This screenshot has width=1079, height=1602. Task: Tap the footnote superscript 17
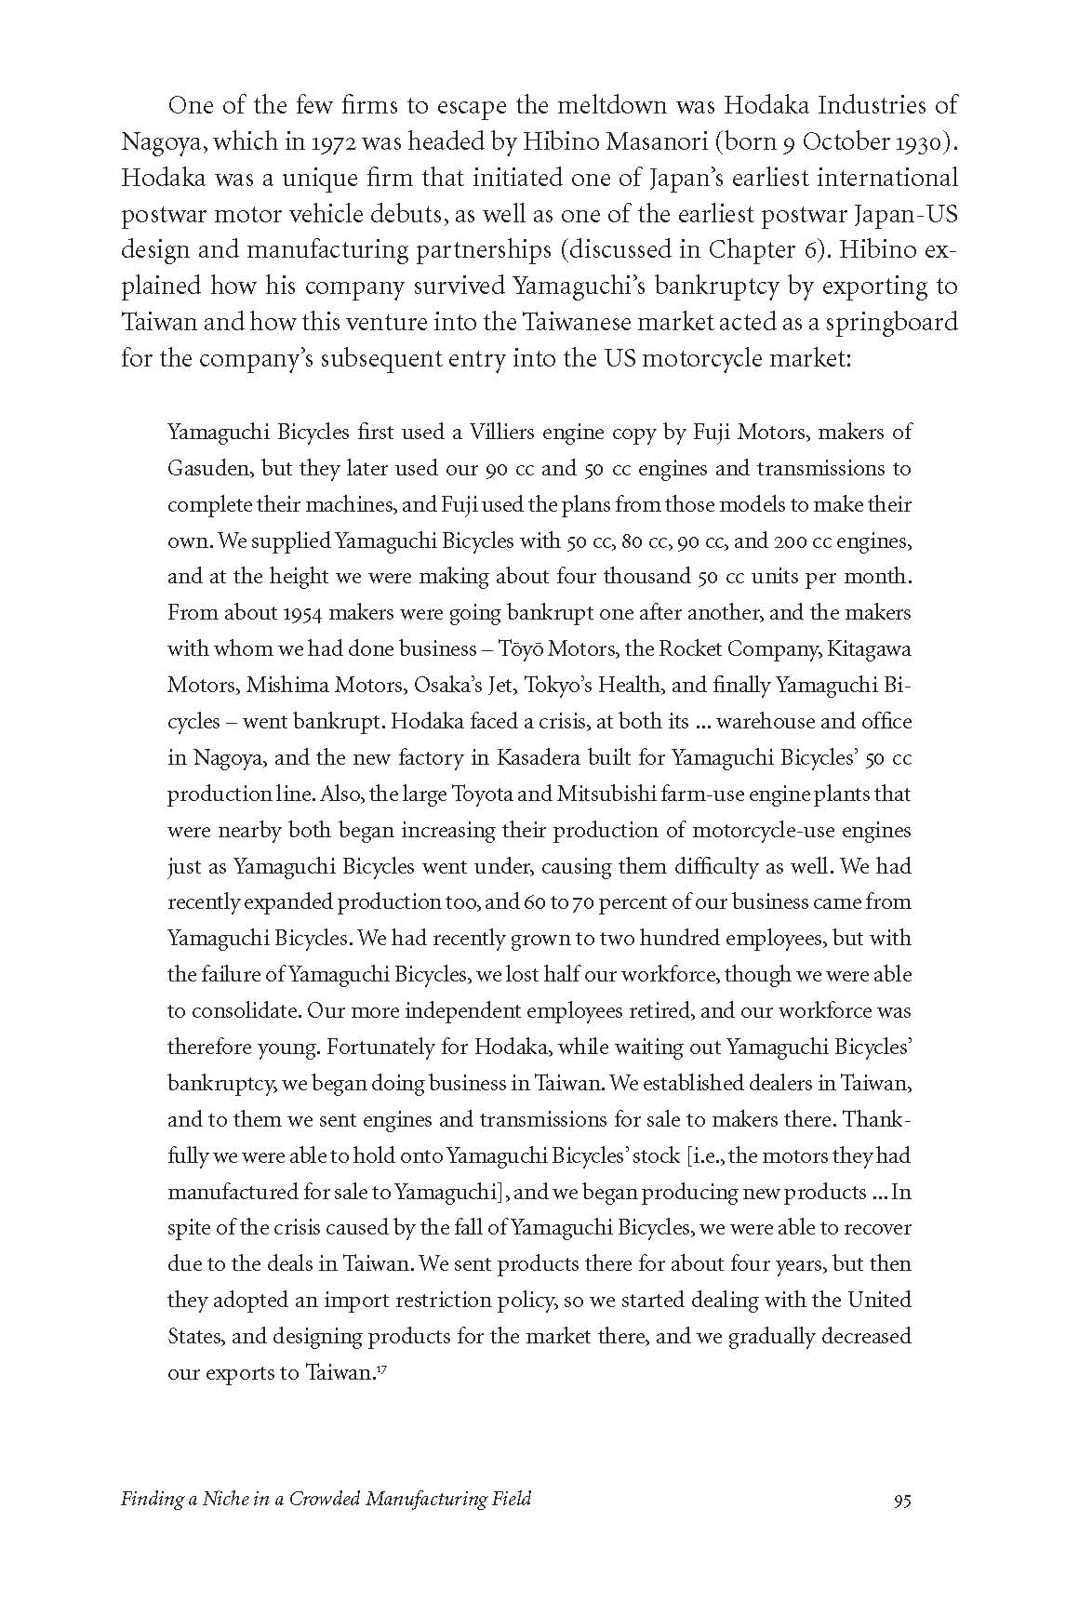(380, 1368)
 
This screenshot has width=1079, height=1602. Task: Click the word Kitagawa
(869, 648)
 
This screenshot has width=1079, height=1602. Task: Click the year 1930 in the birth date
(921, 141)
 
